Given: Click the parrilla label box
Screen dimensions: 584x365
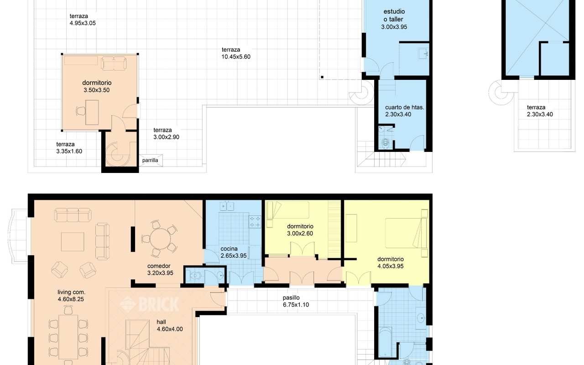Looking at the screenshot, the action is [x=151, y=160].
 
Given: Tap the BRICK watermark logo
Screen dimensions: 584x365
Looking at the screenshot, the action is [x=149, y=304].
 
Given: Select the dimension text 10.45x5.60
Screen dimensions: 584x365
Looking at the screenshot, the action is [x=236, y=57].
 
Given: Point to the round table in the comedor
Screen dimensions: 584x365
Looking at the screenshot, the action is [x=160, y=239].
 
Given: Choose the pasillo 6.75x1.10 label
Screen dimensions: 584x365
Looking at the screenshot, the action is [x=296, y=301].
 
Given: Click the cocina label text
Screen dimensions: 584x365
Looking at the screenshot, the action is [x=229, y=249].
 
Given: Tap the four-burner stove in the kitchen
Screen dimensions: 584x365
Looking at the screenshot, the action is [x=255, y=221].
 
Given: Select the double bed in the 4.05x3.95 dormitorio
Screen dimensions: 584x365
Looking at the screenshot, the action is [x=406, y=233].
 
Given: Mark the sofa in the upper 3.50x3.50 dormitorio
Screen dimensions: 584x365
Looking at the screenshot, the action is [x=114, y=63].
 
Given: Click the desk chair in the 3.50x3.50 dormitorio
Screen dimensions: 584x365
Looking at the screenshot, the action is [x=81, y=111].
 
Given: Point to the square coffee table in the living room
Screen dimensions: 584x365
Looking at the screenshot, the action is [x=73, y=242].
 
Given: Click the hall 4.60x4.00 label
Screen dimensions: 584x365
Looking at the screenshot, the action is [x=169, y=326].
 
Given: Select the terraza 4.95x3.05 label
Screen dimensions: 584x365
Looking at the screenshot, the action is [x=83, y=20].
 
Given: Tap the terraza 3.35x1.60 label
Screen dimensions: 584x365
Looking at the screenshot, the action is [x=69, y=147].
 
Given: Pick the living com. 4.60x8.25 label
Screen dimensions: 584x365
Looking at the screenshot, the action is [x=71, y=296].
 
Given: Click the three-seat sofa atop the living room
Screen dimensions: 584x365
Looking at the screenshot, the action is [x=73, y=215].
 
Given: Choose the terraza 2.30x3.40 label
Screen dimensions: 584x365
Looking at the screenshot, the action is [x=540, y=111].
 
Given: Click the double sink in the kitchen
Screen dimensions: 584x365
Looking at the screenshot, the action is [x=227, y=206].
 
